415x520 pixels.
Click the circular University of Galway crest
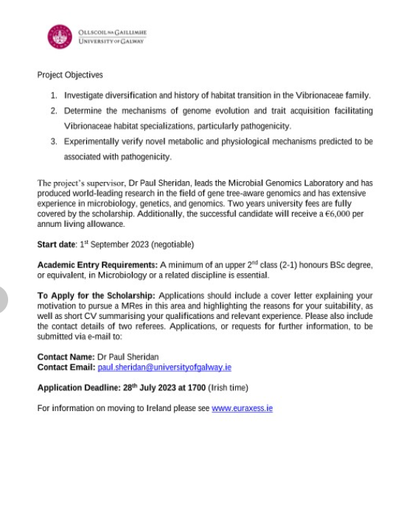(x=59, y=36)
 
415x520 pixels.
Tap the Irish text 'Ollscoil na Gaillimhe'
(x=111, y=32)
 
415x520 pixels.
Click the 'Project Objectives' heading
(x=70, y=75)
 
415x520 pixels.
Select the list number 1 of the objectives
(x=54, y=96)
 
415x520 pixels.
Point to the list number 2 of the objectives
(x=54, y=111)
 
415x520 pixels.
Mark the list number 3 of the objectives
(x=54, y=141)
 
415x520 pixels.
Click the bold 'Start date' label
(x=57, y=244)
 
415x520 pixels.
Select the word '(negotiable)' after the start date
(x=170, y=244)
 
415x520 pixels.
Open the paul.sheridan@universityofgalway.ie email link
(x=164, y=367)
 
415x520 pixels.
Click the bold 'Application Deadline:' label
(x=79, y=387)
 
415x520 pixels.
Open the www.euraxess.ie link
(x=242, y=408)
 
